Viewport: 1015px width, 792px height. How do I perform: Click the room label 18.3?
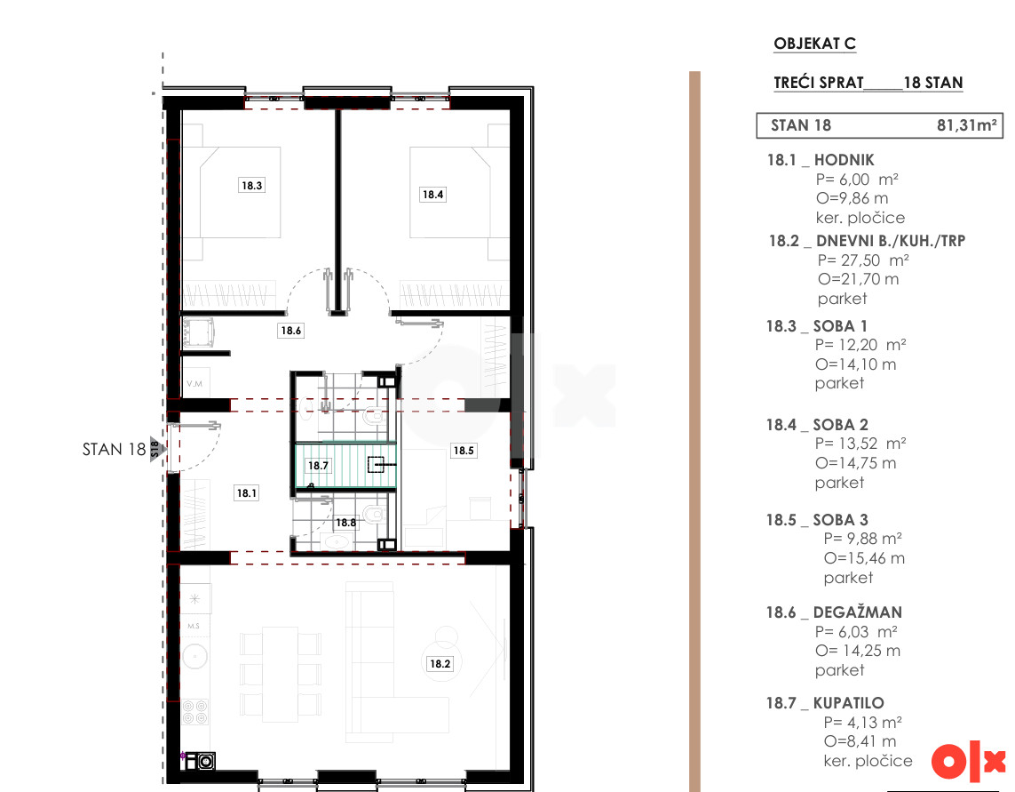pyautogui.click(x=252, y=186)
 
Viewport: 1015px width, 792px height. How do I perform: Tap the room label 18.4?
pyautogui.click(x=433, y=194)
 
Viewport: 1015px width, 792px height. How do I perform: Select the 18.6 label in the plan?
pyautogui.click(x=290, y=331)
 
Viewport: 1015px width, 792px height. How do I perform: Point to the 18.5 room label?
pyautogui.click(x=464, y=451)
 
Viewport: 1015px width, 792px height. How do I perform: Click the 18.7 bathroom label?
pyautogui.click(x=318, y=466)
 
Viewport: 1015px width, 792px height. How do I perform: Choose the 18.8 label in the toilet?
pyautogui.click(x=345, y=523)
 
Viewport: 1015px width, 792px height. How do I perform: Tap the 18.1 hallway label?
pyautogui.click(x=247, y=493)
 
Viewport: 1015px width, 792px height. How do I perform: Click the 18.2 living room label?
pyautogui.click(x=440, y=664)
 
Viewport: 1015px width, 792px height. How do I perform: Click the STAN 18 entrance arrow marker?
pyautogui.click(x=158, y=449)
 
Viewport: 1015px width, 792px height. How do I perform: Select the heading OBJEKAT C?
pyautogui.click(x=815, y=44)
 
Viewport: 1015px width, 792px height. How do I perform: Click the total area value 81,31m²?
pyautogui.click(x=967, y=125)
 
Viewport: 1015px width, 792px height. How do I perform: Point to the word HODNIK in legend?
pyautogui.click(x=845, y=160)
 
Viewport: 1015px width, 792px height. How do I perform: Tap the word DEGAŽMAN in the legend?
pyautogui.click(x=858, y=612)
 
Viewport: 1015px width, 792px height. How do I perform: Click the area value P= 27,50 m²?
pyautogui.click(x=863, y=260)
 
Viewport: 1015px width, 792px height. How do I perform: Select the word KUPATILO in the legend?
pyautogui.click(x=849, y=703)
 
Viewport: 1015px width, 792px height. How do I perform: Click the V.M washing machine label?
pyautogui.click(x=194, y=384)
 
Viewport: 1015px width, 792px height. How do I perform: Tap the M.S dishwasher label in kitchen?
pyautogui.click(x=194, y=626)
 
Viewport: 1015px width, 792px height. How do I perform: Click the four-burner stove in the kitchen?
pyautogui.click(x=194, y=712)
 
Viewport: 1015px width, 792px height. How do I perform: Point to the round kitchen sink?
pyautogui.click(x=194, y=657)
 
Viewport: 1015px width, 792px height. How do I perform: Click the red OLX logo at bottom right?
pyautogui.click(x=969, y=761)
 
